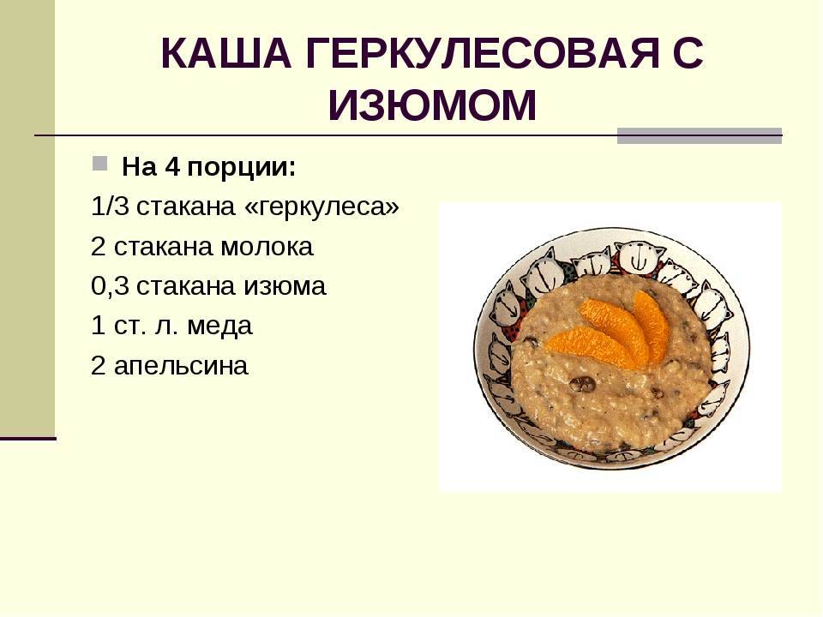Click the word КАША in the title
225,53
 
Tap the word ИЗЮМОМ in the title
432,105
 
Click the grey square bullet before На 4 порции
99,163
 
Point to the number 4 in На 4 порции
172,167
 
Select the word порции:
242,169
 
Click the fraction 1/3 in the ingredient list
110,207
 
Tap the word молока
267,247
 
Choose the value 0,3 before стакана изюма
110,286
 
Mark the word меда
220,326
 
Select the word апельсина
181,366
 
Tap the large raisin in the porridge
582,384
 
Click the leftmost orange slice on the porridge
592,347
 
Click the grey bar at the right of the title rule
700,136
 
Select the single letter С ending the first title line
687,53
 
